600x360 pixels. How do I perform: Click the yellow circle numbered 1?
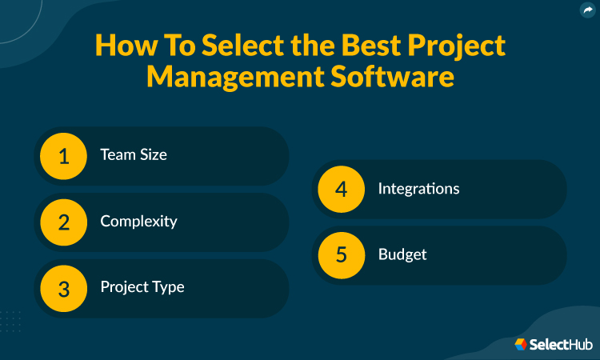coord(64,156)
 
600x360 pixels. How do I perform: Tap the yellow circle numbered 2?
coord(64,222)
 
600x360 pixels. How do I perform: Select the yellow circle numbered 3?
coord(64,288)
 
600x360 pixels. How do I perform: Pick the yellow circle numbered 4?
coord(342,190)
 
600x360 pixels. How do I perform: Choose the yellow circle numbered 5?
coord(342,255)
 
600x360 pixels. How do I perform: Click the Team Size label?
coord(134,155)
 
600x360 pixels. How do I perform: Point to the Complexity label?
coord(138,222)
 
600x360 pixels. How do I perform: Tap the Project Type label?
coord(142,287)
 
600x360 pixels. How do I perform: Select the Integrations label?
coord(418,189)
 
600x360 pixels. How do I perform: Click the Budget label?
coord(402,254)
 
